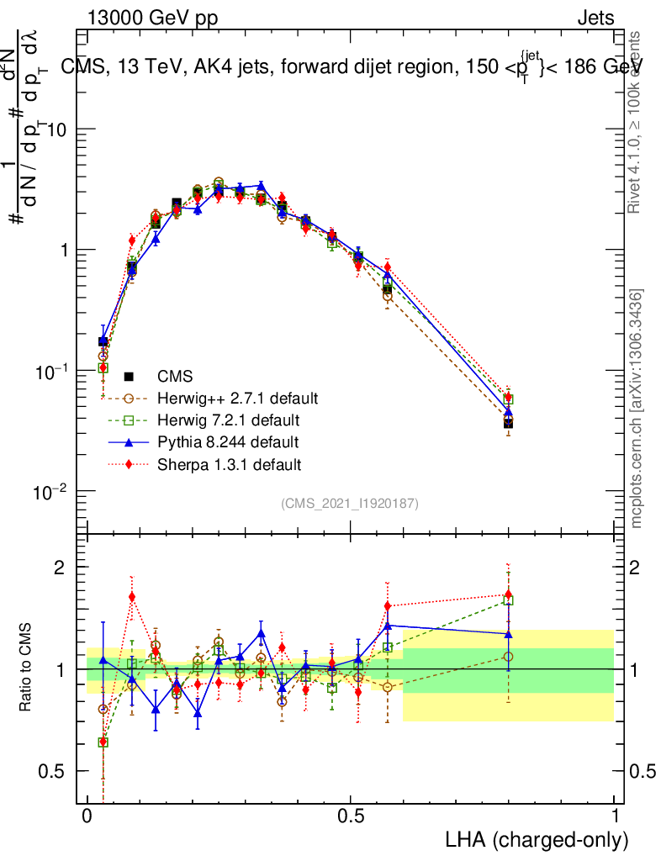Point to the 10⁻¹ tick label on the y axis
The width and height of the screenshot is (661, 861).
[56, 370]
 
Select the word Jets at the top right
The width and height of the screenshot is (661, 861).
[595, 18]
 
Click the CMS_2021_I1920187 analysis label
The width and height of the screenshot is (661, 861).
[350, 503]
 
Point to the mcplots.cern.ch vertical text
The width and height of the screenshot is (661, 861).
[637, 409]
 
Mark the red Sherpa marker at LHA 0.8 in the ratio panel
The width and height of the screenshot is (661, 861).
[508, 594]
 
